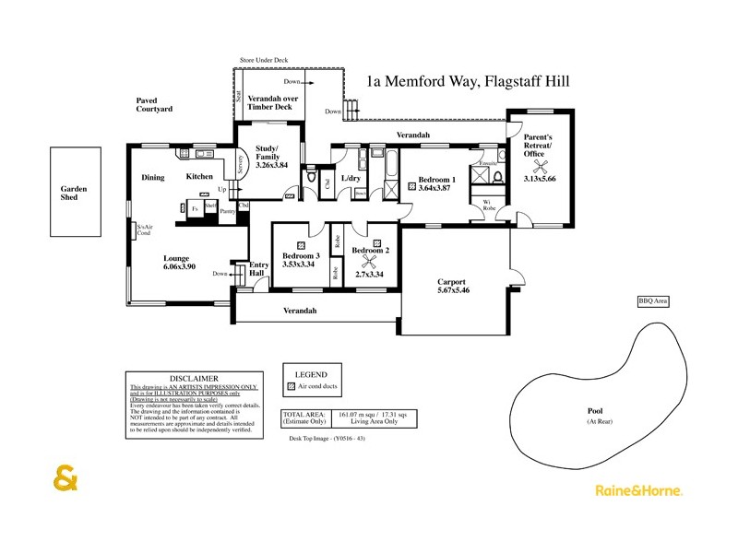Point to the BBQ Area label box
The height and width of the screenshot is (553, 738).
[x=653, y=301]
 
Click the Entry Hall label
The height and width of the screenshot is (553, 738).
[x=258, y=270]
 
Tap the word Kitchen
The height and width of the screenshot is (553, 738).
[x=200, y=176]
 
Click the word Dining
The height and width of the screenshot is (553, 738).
[x=152, y=177]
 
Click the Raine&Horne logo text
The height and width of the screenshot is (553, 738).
[x=638, y=491]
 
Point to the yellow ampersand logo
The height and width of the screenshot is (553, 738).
[x=66, y=481]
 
